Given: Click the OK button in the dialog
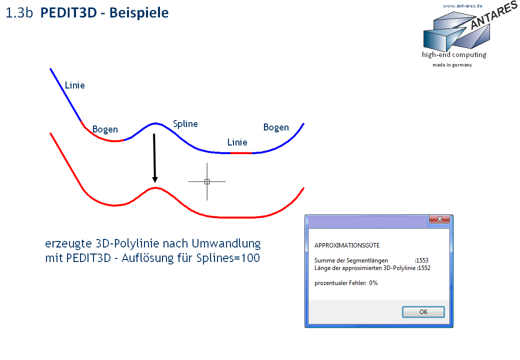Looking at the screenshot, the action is click(423, 312).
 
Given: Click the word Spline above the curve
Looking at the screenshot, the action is click(185, 124).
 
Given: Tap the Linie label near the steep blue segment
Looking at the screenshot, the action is click(74, 85).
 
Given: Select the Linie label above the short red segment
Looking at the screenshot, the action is click(237, 142).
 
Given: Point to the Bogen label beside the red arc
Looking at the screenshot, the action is click(105, 129).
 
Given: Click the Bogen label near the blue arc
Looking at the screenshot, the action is click(276, 127).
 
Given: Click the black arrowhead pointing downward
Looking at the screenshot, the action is click(155, 179).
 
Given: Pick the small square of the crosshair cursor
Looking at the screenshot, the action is click(207, 181).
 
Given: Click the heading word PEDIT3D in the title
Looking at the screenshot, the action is click(68, 12).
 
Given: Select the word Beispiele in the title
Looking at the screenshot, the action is click(139, 13).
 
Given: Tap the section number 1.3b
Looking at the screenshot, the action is click(19, 13).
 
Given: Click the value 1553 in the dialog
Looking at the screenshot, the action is click(422, 260).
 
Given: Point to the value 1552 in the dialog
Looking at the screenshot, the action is click(424, 268).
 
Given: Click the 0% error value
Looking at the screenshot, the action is click(373, 283).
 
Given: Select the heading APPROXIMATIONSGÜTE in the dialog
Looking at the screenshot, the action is click(347, 245).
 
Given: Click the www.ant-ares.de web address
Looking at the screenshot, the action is click(462, 5).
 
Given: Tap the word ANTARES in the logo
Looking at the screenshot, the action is click(494, 15).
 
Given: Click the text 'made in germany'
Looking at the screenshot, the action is click(452, 65).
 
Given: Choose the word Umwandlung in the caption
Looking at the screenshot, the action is click(226, 243).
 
